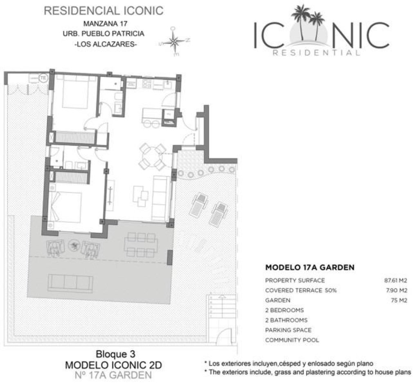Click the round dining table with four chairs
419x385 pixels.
pyautogui.click(x=152, y=158)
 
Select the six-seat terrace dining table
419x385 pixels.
pyautogui.click(x=141, y=245)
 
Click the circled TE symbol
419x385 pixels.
pyautogui.click(x=43, y=78)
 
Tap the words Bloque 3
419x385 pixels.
pyautogui.click(x=115, y=354)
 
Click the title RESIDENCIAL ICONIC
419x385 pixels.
pyautogui.click(x=104, y=11)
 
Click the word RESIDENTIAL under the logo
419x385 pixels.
pyautogui.click(x=316, y=53)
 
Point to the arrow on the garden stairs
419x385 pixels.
pyautogui.click(x=221, y=297)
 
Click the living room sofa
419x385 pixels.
pyautogui.click(x=160, y=198)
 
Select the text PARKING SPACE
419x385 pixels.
pyautogui.click(x=288, y=330)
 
